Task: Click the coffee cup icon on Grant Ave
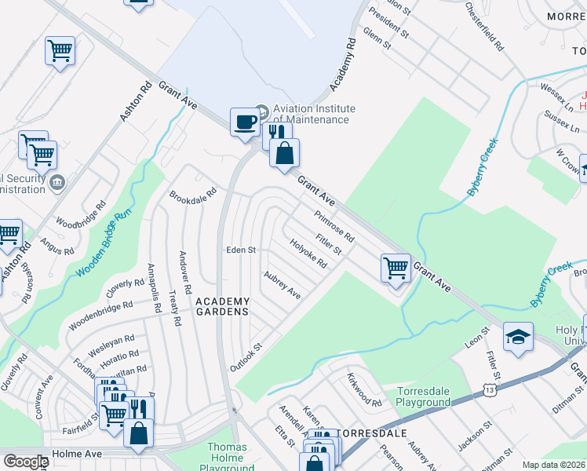click(245, 122)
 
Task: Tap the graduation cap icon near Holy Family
click(518, 337)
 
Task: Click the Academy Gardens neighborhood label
click(222, 306)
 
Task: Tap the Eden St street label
click(241, 250)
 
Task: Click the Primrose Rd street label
click(334, 227)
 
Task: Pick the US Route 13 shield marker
click(490, 389)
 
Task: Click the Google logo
click(25, 462)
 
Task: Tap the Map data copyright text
click(553, 465)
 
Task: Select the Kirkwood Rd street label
click(363, 389)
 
